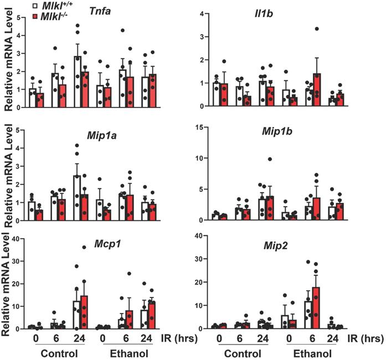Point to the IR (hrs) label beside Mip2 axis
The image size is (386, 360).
366,336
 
